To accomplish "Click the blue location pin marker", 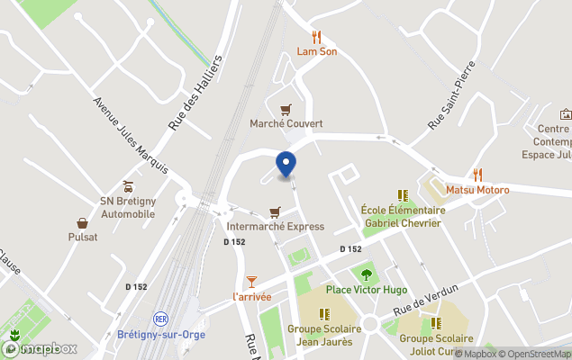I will pyautogui.click(x=286, y=165).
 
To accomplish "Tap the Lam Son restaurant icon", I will pyautogui.click(x=316, y=37).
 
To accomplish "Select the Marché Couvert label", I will pyautogui.click(x=286, y=123).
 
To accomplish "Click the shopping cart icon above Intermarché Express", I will pyautogui.click(x=276, y=212).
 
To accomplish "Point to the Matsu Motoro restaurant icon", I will pyautogui.click(x=478, y=175).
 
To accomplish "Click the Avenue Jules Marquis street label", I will pyautogui.click(x=131, y=135).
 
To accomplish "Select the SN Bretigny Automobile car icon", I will pyautogui.click(x=128, y=187).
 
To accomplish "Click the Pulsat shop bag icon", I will pyautogui.click(x=83, y=222).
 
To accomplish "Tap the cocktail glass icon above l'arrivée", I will pyautogui.click(x=251, y=282).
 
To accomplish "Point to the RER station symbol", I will pyautogui.click(x=161, y=319).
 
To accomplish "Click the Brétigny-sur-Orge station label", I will pyautogui.click(x=161, y=335).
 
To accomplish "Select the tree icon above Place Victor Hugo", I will pyautogui.click(x=366, y=274).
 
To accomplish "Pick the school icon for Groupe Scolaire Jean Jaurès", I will pyautogui.click(x=324, y=313).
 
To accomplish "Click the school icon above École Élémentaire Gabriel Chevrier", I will pyautogui.click(x=402, y=195).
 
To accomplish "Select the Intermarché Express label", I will pyautogui.click(x=276, y=227).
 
